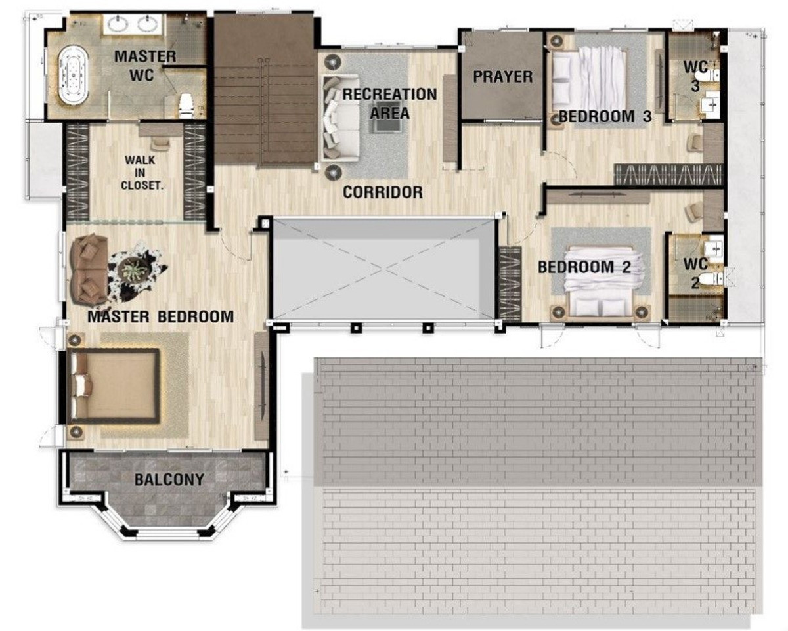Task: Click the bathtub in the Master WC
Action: tap(74, 75)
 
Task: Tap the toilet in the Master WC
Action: tap(186, 106)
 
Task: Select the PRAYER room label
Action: tap(502, 77)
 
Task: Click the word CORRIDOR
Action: tap(383, 192)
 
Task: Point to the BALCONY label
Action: tap(169, 479)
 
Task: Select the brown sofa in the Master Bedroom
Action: tap(90, 270)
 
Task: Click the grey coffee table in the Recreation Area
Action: tap(387, 125)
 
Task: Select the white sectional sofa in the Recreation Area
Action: tap(341, 118)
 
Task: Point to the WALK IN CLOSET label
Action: tap(142, 173)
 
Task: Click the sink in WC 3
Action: tap(711, 106)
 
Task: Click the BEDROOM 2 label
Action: tap(584, 267)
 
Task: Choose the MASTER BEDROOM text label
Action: tap(161, 316)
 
